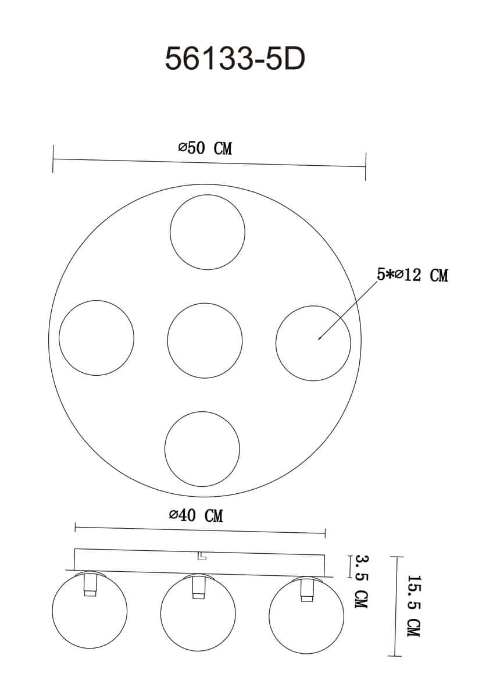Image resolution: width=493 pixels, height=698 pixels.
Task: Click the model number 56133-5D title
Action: [x=235, y=59]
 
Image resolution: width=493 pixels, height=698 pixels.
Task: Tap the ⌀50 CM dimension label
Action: [x=205, y=148]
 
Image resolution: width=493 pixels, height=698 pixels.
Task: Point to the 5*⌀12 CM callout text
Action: [x=412, y=275]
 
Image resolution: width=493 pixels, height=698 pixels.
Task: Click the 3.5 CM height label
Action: [x=362, y=582]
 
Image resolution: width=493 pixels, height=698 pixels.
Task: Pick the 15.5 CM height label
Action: [x=414, y=606]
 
